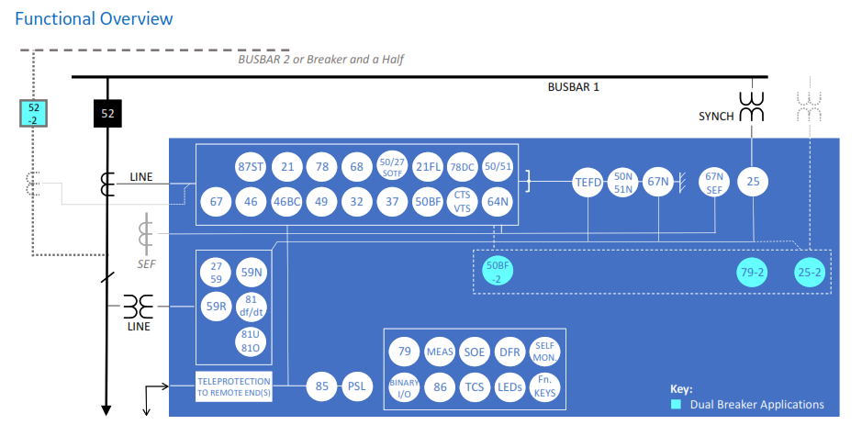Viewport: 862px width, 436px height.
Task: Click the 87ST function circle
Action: (252, 166)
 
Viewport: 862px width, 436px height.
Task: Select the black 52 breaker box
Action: (108, 114)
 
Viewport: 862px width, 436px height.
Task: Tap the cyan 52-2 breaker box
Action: (34, 114)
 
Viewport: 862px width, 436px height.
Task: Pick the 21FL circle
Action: (428, 166)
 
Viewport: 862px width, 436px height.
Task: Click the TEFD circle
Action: (588, 182)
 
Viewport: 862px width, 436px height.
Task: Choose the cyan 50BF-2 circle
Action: (498, 273)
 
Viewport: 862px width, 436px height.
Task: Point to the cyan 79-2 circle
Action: (754, 273)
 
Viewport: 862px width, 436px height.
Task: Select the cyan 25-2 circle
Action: (810, 273)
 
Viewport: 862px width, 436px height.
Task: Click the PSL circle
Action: (356, 386)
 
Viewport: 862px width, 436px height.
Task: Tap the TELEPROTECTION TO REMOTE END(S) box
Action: (234, 386)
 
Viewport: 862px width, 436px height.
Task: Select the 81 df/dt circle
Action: (251, 306)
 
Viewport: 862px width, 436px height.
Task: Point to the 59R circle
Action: (217, 306)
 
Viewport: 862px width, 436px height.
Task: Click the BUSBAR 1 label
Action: (573, 88)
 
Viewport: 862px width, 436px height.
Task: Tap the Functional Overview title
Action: (94, 18)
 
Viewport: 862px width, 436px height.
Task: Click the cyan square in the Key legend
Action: (676, 404)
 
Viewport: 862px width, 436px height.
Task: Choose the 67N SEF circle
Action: (714, 182)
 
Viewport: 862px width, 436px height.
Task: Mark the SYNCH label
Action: (716, 117)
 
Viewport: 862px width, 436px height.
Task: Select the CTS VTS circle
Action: (463, 202)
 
